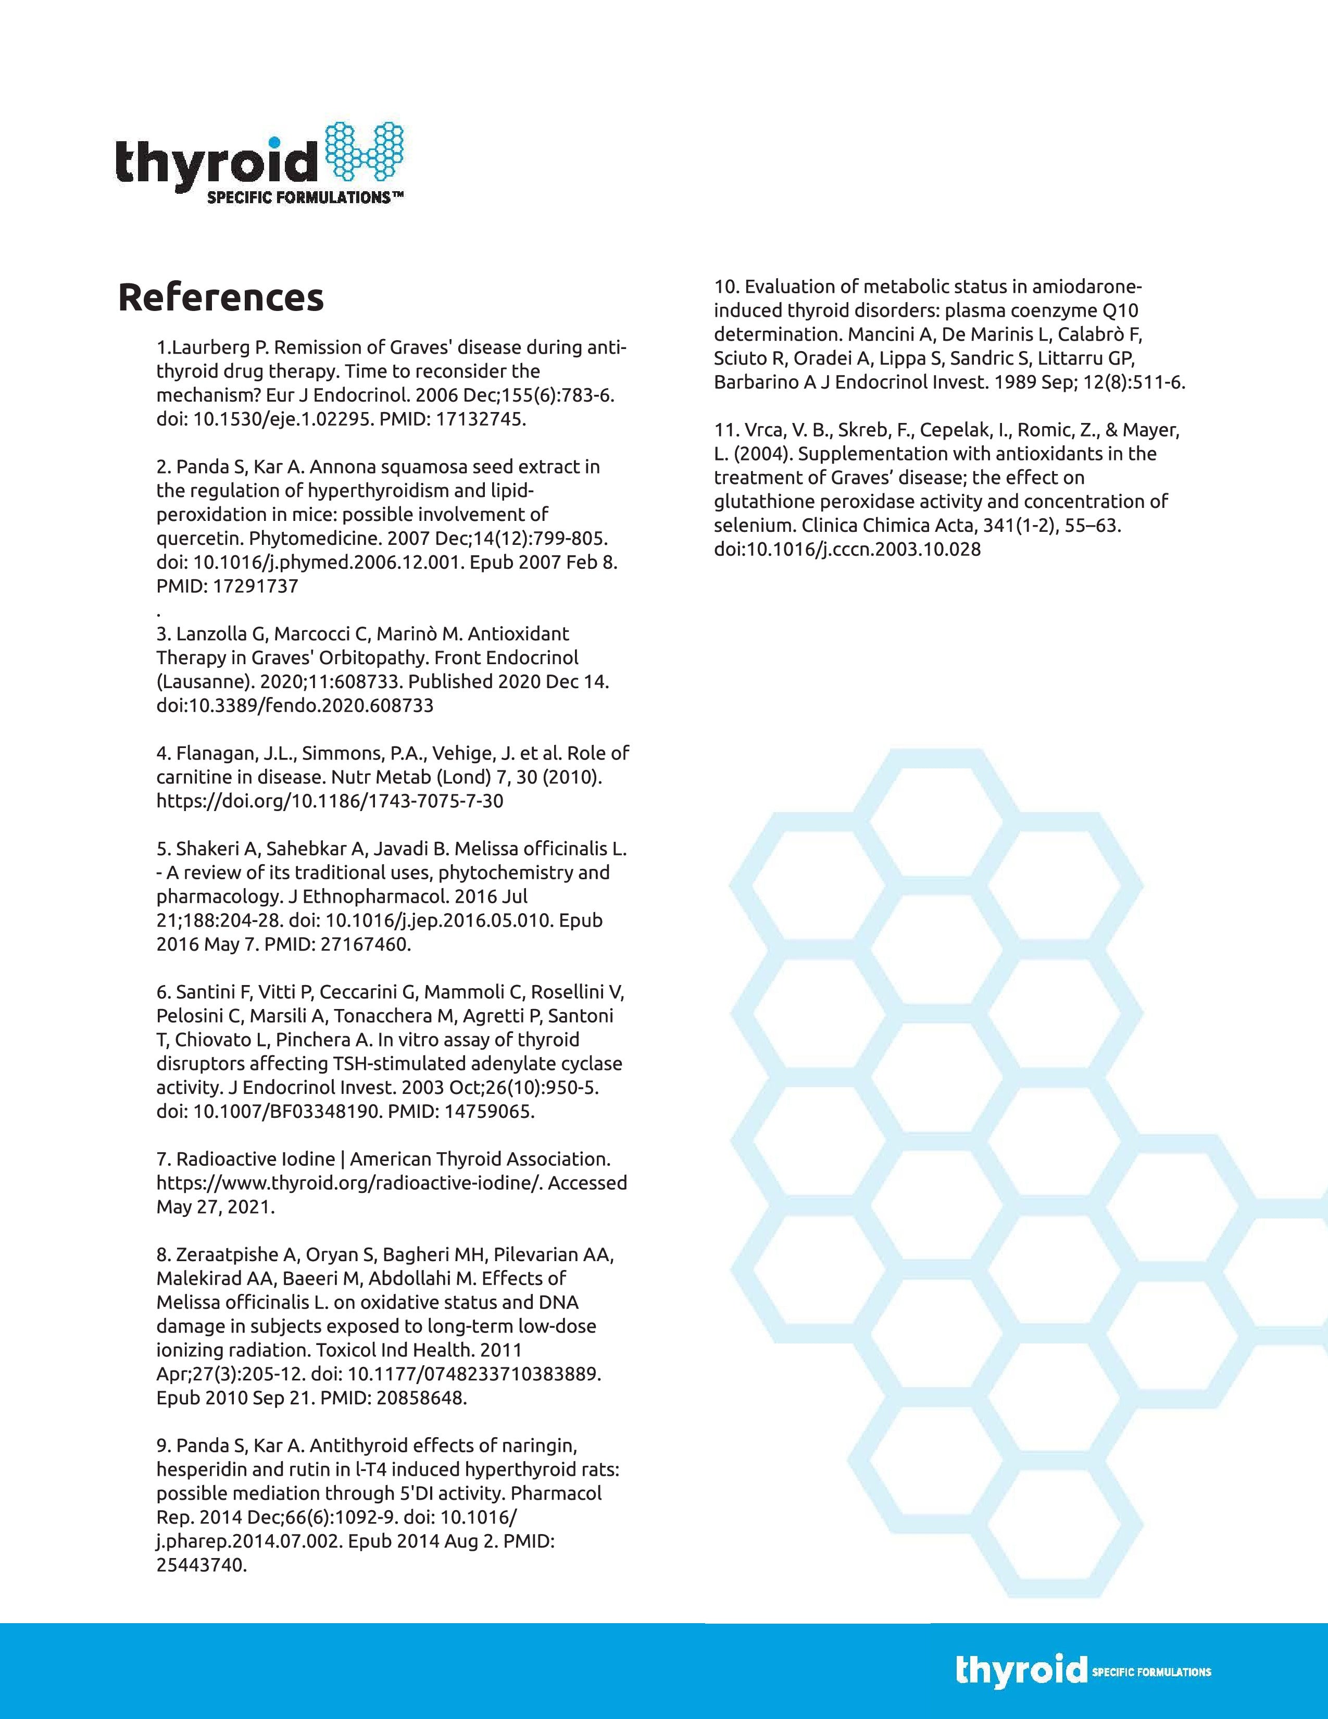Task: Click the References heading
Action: click(220, 297)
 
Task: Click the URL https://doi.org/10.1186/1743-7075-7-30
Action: click(330, 801)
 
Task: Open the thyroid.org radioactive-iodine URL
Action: click(348, 1183)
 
